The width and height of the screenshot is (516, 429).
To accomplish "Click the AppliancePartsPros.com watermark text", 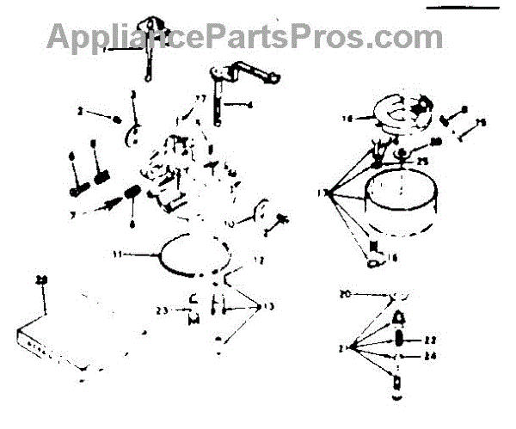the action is (x=245, y=37).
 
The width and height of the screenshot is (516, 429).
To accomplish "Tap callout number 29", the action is (x=40, y=280).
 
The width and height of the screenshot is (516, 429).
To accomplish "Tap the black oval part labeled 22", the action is (x=402, y=340).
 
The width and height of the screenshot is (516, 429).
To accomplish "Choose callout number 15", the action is (x=482, y=123).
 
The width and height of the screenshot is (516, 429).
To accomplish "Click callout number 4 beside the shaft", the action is (x=249, y=104).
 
